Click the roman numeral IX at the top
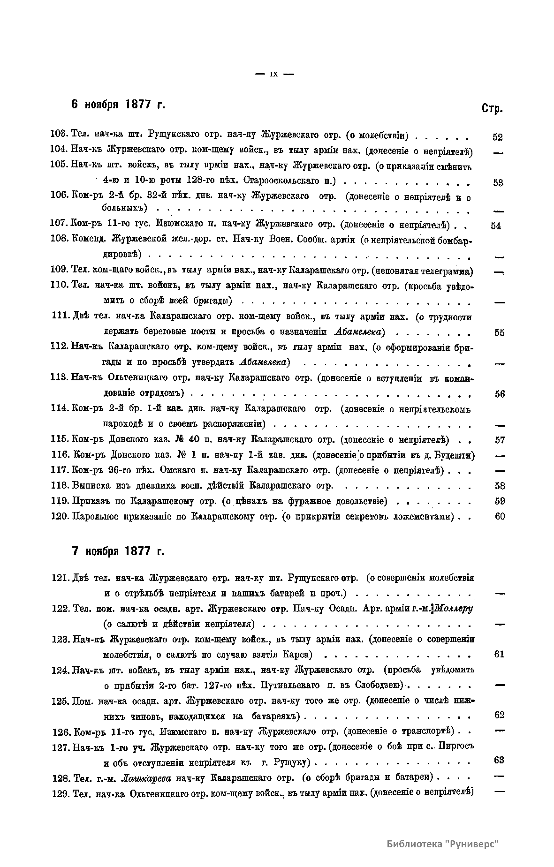(274, 74)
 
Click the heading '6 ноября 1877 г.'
(118, 104)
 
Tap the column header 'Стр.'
(492, 109)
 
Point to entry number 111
(61, 317)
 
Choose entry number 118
(61, 486)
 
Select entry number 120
(61, 517)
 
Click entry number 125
(61, 701)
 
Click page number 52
(498, 138)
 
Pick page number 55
(499, 333)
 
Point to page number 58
(500, 486)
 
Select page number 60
(500, 517)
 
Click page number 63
(499, 761)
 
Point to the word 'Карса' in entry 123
(298, 655)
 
